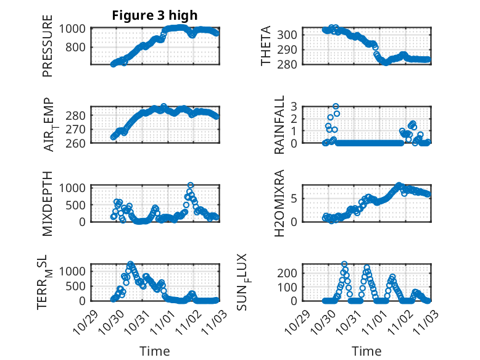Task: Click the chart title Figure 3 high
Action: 154,15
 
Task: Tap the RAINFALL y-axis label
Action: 280,125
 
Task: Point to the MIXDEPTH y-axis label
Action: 48,203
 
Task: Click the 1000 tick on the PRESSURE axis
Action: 76,28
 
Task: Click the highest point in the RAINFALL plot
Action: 336,106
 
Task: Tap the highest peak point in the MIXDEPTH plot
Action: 191,185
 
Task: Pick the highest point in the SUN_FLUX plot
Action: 344,264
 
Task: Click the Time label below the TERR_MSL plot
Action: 154,351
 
